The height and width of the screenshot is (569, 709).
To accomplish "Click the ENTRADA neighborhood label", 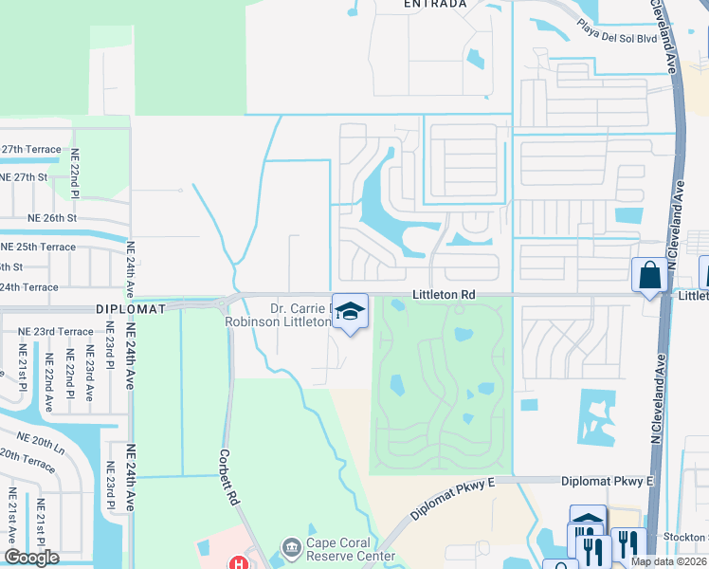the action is [435, 5].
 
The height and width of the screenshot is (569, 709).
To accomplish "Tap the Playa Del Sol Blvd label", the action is [611, 38].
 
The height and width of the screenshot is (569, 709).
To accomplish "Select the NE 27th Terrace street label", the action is [31, 150].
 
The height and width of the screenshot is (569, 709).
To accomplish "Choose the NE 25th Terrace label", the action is [38, 247].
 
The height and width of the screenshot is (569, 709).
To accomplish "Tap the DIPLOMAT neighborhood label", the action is [131, 309].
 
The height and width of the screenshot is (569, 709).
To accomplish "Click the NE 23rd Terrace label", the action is [55, 332].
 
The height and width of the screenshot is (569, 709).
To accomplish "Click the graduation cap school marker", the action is [350, 311].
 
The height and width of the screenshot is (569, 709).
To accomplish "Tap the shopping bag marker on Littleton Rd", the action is [649, 276].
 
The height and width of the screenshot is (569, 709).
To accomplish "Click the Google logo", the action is [31, 559].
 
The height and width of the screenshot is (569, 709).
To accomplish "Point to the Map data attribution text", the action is [669, 561].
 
